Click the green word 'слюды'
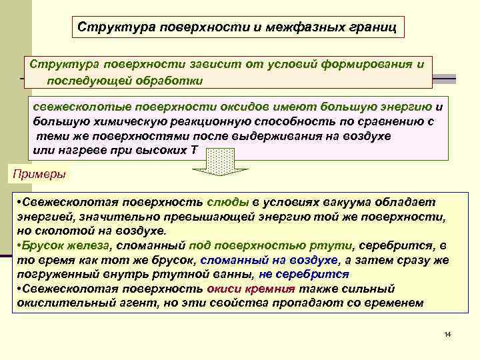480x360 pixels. pos(229,202)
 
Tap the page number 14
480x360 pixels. pos(447,333)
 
